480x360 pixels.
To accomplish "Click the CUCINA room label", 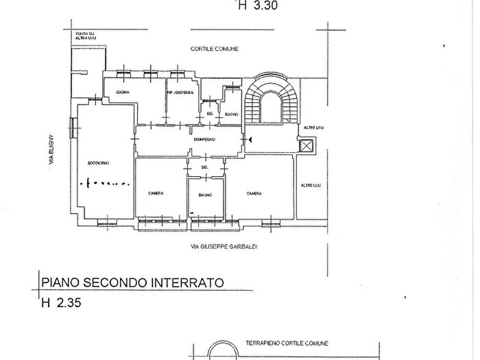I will (x=123, y=92).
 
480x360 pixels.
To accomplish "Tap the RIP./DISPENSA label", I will (x=180, y=92).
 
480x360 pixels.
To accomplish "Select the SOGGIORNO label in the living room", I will (x=99, y=163).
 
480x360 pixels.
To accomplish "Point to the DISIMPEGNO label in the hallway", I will (x=205, y=139).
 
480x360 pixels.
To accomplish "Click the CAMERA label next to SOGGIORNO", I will (x=156, y=194).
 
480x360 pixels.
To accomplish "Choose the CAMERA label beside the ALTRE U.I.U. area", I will (x=254, y=194).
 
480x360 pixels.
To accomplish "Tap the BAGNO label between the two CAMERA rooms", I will (x=205, y=195).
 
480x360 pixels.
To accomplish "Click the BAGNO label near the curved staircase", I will (x=231, y=114).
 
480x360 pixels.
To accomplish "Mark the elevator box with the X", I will (x=306, y=145).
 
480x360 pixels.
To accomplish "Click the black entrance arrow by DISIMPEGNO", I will (x=249, y=140).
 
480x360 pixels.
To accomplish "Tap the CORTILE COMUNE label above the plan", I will (x=214, y=49).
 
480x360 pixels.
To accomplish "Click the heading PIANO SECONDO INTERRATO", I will (x=132, y=282).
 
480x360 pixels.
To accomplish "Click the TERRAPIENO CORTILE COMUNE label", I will (x=287, y=343).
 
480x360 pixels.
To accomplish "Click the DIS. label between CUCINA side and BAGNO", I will (x=210, y=114).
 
